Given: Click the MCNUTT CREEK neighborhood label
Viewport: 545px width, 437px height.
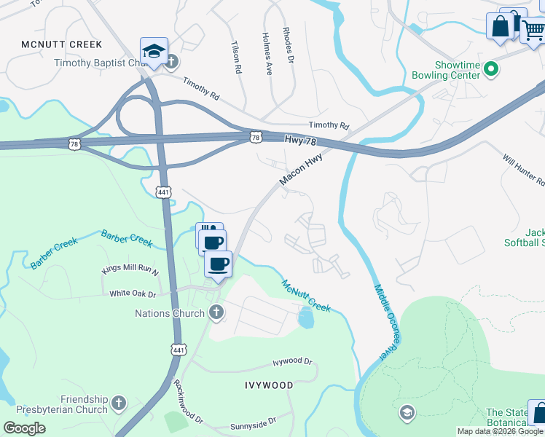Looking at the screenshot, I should [61, 44].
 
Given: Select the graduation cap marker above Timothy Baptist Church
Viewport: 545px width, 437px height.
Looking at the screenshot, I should [154, 51].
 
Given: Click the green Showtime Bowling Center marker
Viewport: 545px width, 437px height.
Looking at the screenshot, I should [492, 70].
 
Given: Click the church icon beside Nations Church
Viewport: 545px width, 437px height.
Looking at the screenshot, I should [215, 313].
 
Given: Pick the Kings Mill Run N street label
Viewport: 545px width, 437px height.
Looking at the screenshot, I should [130, 270].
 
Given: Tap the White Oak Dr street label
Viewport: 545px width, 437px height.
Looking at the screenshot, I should [133, 294].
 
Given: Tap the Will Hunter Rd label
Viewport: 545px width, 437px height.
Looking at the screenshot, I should [522, 168].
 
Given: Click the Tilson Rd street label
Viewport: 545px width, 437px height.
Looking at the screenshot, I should [235, 58].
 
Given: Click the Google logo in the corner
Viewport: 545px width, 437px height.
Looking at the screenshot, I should [24, 428].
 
